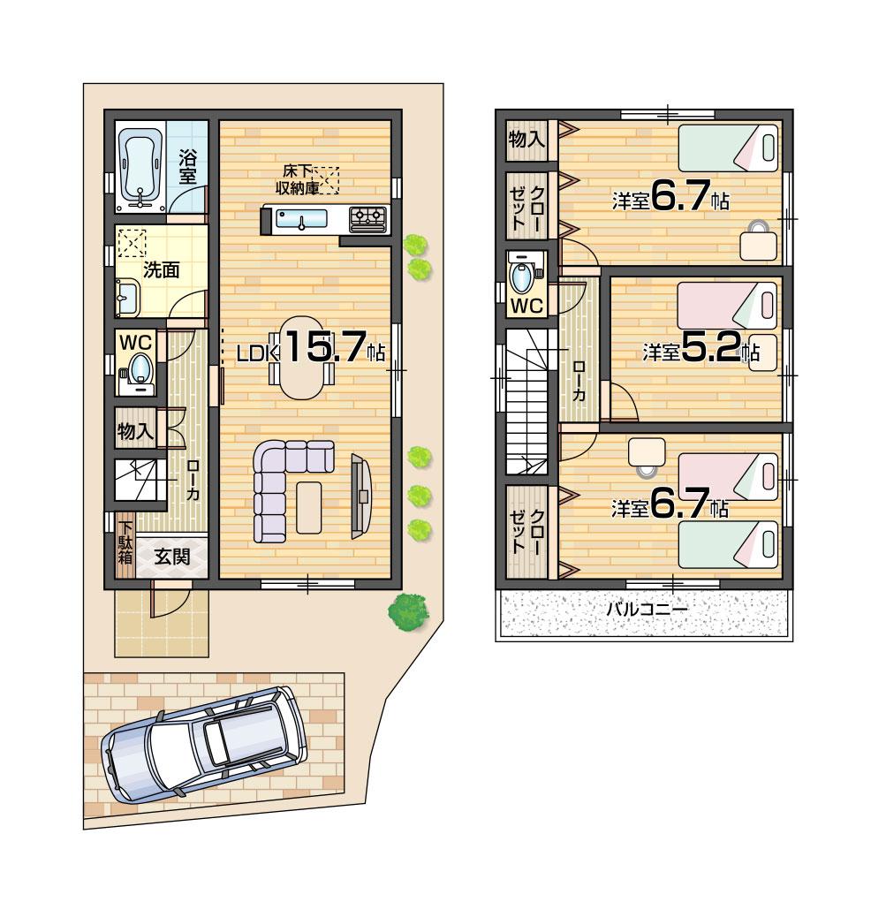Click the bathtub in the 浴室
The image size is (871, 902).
point(140,166)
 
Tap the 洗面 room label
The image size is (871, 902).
point(162,270)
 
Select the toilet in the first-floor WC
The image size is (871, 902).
point(140,368)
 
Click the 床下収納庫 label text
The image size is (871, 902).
point(295,179)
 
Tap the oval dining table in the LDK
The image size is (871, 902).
point(301,358)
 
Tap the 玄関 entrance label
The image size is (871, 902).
point(171,557)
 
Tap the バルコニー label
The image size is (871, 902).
point(646,610)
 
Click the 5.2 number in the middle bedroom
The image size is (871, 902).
point(711,351)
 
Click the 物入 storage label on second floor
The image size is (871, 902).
point(526,140)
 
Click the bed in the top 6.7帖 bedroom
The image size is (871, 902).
point(728,148)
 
